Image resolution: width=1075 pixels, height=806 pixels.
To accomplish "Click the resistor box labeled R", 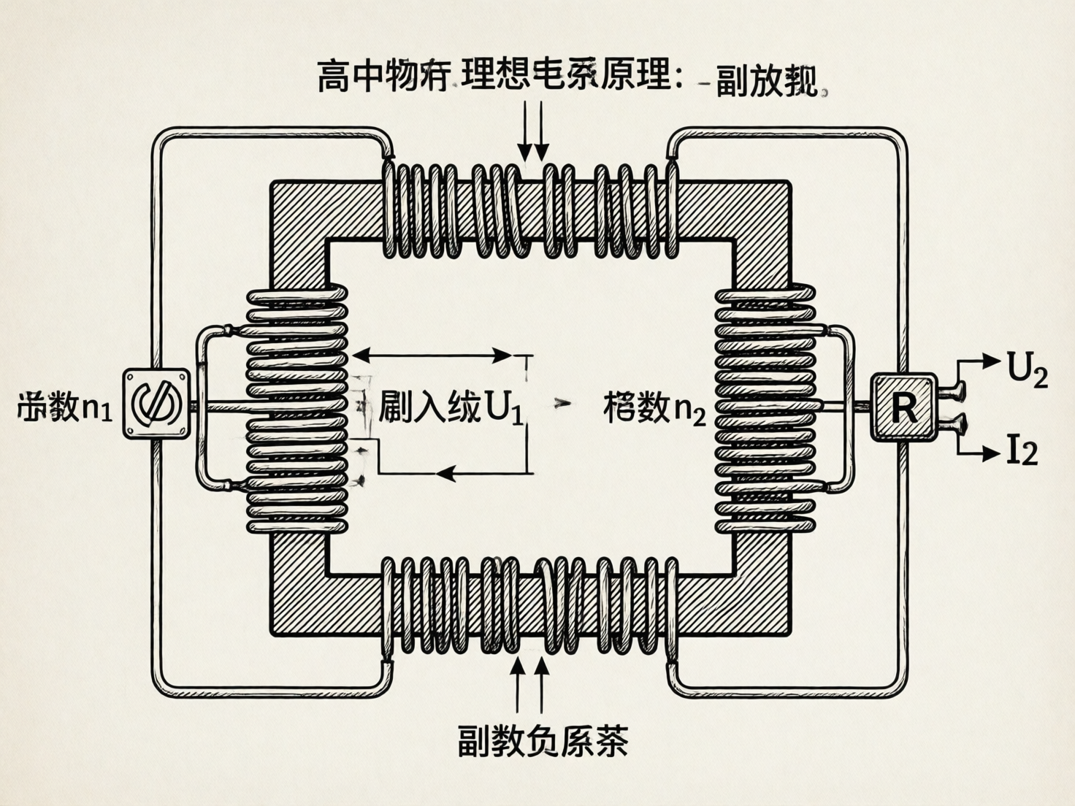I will pyautogui.click(x=903, y=407).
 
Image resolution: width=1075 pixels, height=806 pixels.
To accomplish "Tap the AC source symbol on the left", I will pyautogui.click(x=156, y=404).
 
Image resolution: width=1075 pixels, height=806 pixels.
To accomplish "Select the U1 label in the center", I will pyautogui.click(x=451, y=407).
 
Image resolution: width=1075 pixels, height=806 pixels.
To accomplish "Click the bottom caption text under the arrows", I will pyautogui.click(x=542, y=740).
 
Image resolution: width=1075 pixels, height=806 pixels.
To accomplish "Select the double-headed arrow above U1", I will pyautogui.click(x=432, y=356).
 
